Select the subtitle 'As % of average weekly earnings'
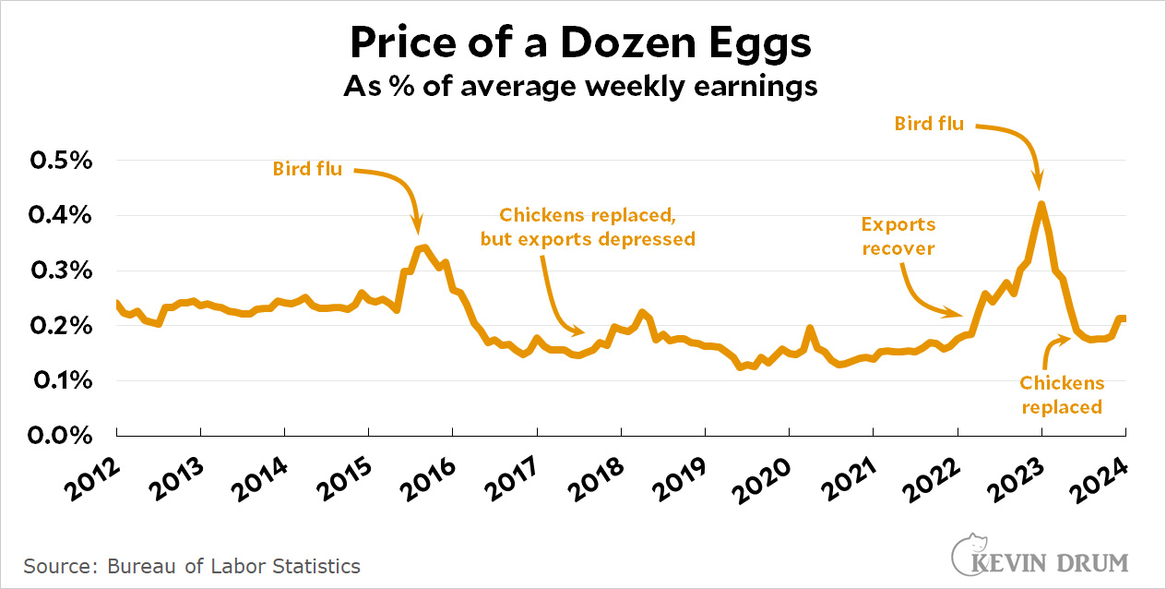pyautogui.click(x=581, y=87)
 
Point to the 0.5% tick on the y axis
pyautogui.click(x=62, y=162)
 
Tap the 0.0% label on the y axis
pyautogui.click(x=62, y=435)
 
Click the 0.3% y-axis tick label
pyautogui.click(x=62, y=270)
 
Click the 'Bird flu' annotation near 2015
pyautogui.click(x=307, y=169)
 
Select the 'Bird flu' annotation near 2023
pyautogui.click(x=929, y=123)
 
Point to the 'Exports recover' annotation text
pyautogui.click(x=898, y=236)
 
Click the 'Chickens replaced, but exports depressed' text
pyautogui.click(x=587, y=227)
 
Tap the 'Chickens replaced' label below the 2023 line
pyautogui.click(x=1061, y=395)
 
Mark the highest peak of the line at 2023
pyautogui.click(x=1041, y=204)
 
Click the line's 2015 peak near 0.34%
pyautogui.click(x=422, y=246)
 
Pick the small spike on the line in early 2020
pyautogui.click(x=810, y=328)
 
